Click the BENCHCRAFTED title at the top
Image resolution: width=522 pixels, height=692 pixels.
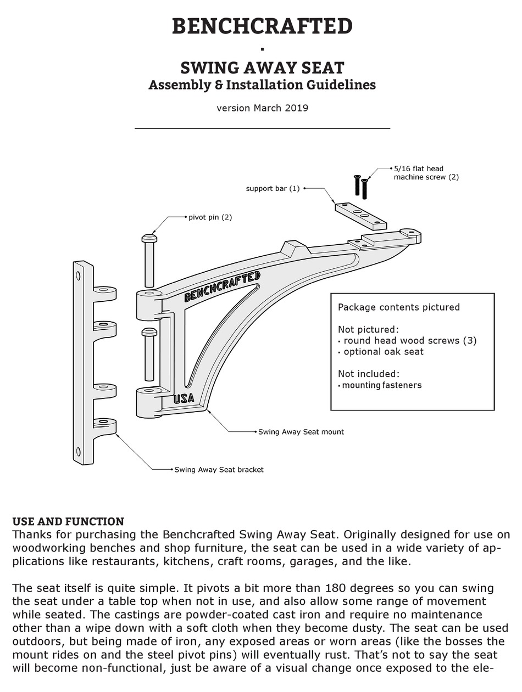pos(262,26)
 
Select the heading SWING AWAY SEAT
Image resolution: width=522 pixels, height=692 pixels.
pos(262,68)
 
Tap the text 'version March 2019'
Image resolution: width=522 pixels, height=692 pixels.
pos(262,108)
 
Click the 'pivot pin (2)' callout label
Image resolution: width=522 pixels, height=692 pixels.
pos(210,217)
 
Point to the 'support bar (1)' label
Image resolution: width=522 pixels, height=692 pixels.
pos(273,189)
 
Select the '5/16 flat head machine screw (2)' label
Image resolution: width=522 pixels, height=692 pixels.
pos(426,173)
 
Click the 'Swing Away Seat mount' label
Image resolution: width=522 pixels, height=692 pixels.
pos(301,432)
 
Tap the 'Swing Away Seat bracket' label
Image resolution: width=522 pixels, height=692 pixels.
pos(219,470)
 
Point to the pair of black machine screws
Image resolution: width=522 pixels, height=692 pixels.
pos(360,187)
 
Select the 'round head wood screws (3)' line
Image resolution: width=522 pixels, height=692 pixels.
pos(410,341)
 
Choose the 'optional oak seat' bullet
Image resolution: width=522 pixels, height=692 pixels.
pos(384,352)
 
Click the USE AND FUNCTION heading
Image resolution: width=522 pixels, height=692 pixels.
pos(68,521)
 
